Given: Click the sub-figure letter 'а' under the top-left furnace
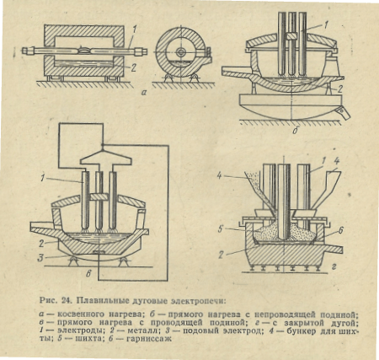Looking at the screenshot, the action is (x=144, y=92).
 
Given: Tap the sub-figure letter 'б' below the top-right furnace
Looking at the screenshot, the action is (x=295, y=131).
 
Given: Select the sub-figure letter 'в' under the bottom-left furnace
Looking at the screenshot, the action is (x=88, y=274).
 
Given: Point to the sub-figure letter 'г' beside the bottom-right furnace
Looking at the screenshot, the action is (x=334, y=267).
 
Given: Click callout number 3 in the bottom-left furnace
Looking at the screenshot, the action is (x=41, y=258).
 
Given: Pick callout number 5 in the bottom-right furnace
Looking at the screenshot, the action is (x=222, y=229).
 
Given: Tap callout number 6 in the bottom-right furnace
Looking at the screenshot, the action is (x=340, y=230).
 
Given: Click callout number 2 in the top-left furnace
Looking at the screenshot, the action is (x=133, y=67).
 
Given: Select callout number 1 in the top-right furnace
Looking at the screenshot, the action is (x=326, y=25).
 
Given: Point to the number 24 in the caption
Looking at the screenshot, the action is (x=66, y=301).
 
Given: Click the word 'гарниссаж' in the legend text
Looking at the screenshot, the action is (x=149, y=338).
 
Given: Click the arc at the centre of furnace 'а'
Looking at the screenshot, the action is (x=84, y=50).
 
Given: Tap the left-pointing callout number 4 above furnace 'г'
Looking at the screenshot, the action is (x=219, y=176).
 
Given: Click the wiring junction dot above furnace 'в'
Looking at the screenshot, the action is (x=103, y=145).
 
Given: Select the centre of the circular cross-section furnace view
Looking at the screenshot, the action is (x=180, y=52).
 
